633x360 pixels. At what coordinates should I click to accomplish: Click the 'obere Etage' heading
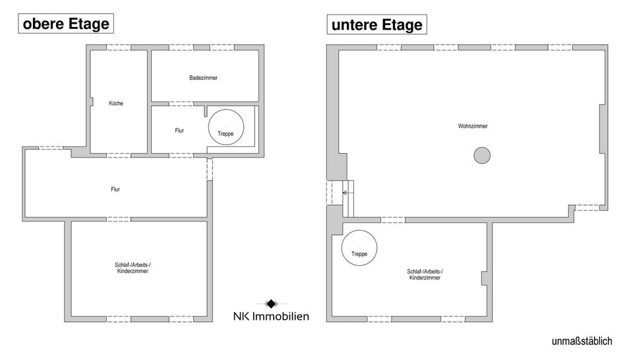pos(65,24)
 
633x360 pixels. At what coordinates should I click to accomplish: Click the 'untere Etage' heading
pos(377,25)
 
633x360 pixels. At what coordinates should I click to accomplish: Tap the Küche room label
pos(116,104)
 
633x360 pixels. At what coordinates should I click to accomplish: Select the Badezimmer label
pos(203,78)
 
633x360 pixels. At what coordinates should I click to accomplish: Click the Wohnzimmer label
pos(473,126)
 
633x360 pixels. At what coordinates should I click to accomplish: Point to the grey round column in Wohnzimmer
pos(482,156)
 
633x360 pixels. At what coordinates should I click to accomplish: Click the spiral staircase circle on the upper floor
pos(226,125)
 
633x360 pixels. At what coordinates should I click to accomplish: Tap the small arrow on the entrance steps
pos(344,193)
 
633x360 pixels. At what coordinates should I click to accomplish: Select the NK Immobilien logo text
pos(271,316)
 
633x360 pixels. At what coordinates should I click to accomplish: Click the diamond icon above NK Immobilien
pos(271,303)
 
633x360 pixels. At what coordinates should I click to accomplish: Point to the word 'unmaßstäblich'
pos(582,342)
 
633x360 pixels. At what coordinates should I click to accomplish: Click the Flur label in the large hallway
pos(115,189)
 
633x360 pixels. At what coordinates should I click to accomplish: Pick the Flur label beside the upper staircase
pos(179,131)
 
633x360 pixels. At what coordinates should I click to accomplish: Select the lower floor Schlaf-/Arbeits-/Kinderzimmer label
pos(425,274)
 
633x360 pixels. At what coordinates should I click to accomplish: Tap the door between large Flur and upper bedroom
pos(119,219)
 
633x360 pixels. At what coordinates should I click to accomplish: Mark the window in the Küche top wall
pos(119,47)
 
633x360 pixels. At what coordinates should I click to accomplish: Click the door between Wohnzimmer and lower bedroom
pos(392,220)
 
